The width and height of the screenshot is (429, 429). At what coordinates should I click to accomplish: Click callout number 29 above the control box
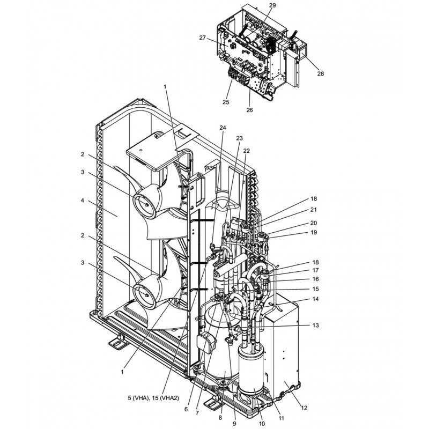click(x=272, y=5)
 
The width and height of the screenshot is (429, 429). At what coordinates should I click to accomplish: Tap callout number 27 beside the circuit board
click(x=203, y=38)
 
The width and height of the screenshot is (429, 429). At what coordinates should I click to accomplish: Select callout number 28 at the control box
click(x=320, y=73)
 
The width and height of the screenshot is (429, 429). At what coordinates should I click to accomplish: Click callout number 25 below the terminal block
click(x=226, y=102)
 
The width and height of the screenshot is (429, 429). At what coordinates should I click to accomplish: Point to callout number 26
click(x=249, y=110)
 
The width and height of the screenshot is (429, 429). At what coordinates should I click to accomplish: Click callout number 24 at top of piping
click(x=223, y=128)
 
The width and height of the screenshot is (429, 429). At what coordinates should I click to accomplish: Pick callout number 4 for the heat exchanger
click(x=83, y=201)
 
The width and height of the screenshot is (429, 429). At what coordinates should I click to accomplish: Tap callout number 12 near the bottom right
click(x=304, y=408)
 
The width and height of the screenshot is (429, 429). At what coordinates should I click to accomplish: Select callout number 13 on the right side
click(x=315, y=326)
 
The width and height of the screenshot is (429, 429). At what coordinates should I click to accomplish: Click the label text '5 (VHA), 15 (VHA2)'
click(x=153, y=398)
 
